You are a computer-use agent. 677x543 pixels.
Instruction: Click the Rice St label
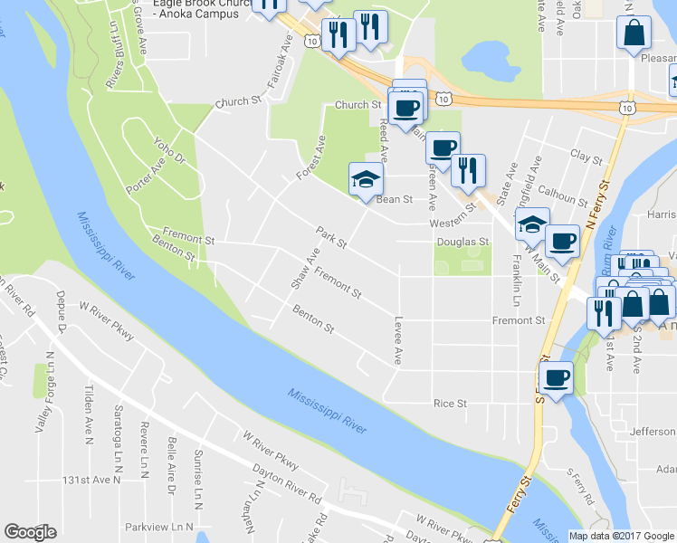click(450, 404)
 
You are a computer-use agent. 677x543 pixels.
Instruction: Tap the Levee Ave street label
click(397, 340)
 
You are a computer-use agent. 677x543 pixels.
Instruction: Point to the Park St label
click(331, 237)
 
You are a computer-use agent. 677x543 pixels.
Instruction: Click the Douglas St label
click(462, 243)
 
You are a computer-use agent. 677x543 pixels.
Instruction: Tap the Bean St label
click(395, 199)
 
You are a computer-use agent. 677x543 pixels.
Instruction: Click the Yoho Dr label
click(168, 150)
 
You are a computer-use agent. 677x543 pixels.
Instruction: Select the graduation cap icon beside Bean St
click(367, 178)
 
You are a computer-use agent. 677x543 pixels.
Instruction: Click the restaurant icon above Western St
click(468, 170)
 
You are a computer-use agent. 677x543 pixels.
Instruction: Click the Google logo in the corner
click(30, 532)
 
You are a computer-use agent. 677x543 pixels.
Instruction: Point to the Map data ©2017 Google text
click(622, 536)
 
